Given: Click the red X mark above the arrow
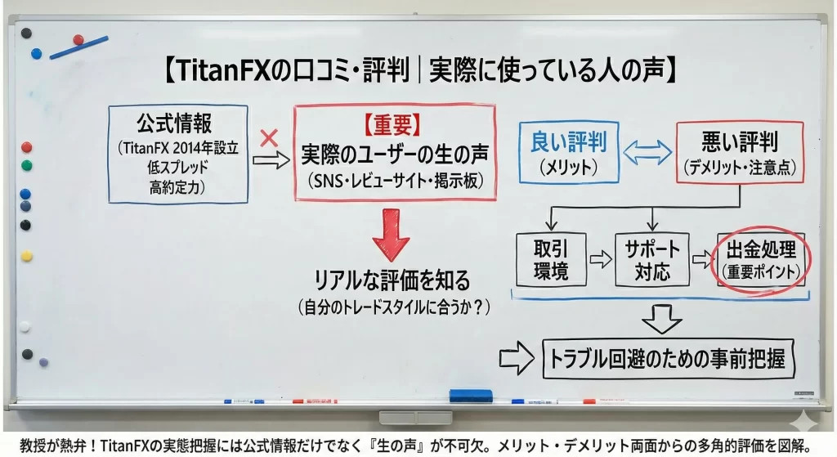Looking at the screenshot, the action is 269,138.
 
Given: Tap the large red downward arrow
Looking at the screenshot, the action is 392,235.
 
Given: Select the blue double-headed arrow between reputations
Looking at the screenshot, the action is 647,152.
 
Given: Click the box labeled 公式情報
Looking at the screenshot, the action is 178,155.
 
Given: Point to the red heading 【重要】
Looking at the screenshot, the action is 393,125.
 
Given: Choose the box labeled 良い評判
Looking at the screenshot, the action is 569,152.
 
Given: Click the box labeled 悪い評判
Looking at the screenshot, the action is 740,153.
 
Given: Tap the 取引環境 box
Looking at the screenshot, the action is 551,259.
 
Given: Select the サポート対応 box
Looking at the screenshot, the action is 651,259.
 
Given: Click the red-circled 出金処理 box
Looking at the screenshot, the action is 761,260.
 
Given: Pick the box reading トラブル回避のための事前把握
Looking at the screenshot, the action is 668,359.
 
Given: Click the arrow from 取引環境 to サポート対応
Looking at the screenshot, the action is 601,259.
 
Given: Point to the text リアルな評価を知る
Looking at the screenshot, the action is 392,280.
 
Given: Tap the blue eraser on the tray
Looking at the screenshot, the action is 471,396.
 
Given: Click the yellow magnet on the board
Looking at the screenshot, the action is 27,256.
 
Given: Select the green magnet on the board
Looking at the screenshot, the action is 27,165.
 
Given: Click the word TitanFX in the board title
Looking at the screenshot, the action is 223,70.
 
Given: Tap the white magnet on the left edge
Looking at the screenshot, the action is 25,327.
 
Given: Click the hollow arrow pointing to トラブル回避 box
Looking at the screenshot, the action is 517,358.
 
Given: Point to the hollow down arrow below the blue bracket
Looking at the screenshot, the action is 661,319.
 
